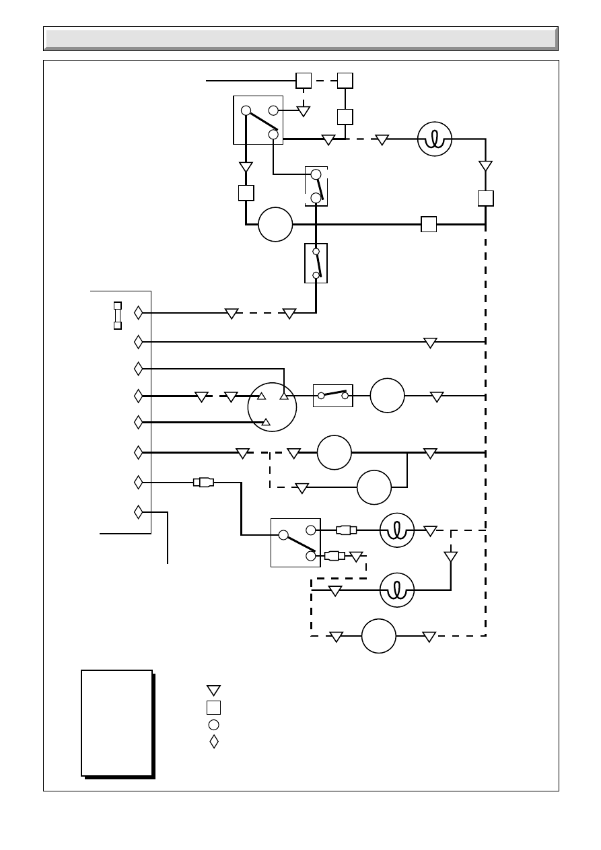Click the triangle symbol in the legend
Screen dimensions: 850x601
213,690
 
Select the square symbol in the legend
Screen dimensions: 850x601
213,707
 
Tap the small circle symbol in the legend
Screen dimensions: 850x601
213,725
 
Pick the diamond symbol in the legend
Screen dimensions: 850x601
214,742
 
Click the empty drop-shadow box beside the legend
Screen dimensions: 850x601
116,723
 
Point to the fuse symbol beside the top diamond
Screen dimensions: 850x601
118,315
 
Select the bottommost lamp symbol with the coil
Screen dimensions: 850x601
397,590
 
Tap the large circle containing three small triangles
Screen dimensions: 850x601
272,406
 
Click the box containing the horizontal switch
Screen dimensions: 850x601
333,396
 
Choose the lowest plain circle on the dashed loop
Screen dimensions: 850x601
378,636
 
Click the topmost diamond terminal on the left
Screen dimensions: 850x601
139,313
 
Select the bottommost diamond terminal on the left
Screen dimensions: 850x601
139,512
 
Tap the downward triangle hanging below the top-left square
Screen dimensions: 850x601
304,110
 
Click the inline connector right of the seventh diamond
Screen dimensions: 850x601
203,482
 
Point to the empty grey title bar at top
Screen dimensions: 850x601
300,38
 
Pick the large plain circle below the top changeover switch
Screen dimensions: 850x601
275,224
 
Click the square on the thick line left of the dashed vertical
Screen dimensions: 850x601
428,224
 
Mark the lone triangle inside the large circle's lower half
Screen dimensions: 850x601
267,422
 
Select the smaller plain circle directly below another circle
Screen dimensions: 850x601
374,487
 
